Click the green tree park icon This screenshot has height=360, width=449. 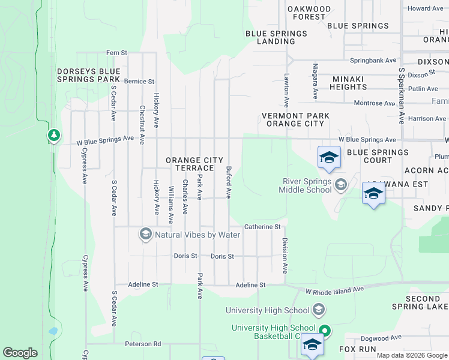[x=54, y=136]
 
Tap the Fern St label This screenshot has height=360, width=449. [x=116, y=53]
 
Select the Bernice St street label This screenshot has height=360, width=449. [x=139, y=81]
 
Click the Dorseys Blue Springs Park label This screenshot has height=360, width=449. [x=89, y=75]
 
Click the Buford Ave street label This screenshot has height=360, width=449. [x=229, y=182]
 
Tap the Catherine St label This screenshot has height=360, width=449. [x=262, y=227]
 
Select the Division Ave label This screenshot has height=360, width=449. [x=285, y=256]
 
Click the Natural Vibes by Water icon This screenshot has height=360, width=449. [x=145, y=235]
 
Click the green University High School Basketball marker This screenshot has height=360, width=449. [x=325, y=331]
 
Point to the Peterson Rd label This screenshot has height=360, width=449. [x=143, y=344]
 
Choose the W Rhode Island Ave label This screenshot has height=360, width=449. [x=334, y=290]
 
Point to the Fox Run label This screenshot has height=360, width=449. [x=358, y=349]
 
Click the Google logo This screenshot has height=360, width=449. [x=20, y=353]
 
